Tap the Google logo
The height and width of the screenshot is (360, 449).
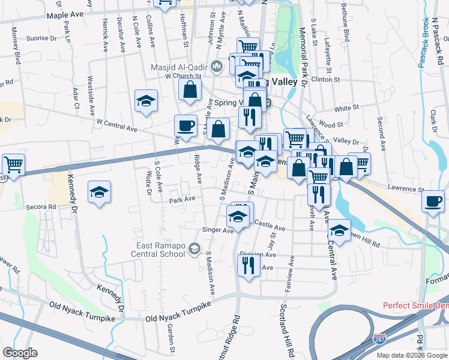coord(20,353)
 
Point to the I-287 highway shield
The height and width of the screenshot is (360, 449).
coord(379,339)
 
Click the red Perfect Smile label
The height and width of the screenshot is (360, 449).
coord(416,305)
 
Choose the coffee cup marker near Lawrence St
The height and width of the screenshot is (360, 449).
coord(433,201)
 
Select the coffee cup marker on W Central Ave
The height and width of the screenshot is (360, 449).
coord(185,125)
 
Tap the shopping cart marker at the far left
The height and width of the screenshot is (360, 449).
coord(13,163)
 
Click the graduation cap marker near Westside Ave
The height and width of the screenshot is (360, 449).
coord(146,101)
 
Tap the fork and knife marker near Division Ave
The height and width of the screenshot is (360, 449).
coord(248,263)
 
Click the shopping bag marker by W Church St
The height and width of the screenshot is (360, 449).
coord(190,90)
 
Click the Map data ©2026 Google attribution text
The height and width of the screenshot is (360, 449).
coord(411,355)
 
